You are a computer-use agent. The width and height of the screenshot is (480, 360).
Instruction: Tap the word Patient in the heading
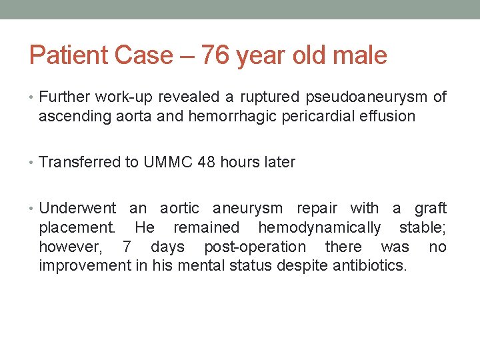pos(66,55)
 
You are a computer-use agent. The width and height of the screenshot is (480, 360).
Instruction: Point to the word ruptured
pos(265,97)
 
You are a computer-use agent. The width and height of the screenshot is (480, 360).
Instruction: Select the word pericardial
pos(308,117)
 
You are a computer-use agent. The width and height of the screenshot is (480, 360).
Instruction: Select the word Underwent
pos(77,209)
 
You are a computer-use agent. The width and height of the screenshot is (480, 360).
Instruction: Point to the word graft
pos(431,209)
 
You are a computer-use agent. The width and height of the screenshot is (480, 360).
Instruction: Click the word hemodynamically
pos(319,228)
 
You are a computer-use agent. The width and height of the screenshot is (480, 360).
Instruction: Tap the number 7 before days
pos(127,247)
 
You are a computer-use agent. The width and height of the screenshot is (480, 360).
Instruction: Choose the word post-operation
pos(255,247)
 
